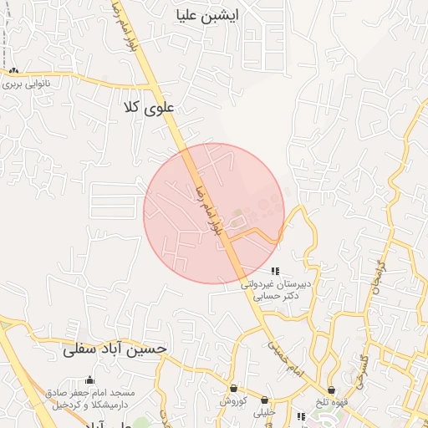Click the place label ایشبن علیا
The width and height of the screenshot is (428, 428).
[208, 15]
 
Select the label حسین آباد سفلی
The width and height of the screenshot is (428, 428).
[115, 349]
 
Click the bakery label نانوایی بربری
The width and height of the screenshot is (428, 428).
[25, 84]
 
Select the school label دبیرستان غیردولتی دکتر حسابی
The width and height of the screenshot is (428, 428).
[276, 289]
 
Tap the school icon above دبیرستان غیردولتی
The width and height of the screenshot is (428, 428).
[275, 270]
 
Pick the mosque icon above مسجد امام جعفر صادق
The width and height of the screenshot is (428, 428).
[89, 380]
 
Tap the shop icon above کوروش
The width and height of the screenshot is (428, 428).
[232, 389]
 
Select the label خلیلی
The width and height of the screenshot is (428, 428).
[264, 411]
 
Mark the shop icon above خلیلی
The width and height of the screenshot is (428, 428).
[264, 400]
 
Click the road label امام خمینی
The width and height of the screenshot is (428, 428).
[284, 355]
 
